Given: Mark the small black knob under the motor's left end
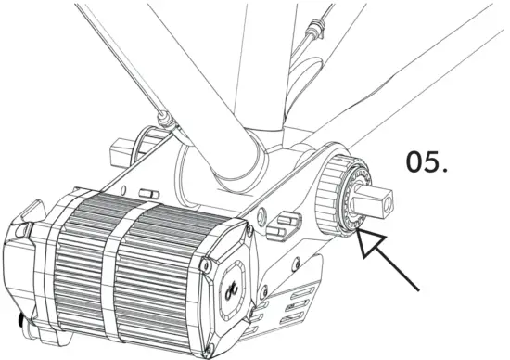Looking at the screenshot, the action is (x=20, y=321).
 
